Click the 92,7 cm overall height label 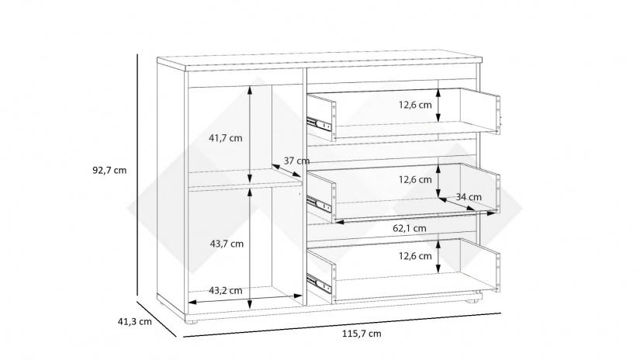(109, 170)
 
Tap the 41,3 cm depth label (135, 322)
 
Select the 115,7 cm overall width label (362, 334)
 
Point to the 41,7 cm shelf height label (225, 138)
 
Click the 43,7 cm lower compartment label (227, 244)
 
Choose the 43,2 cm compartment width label (225, 291)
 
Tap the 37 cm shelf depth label (297, 161)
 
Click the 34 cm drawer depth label (469, 197)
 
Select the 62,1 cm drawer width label (410, 228)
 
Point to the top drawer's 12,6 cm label (415, 105)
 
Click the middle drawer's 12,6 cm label (415, 179)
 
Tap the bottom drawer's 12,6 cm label (415, 256)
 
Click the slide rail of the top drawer (318, 124)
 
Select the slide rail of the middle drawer (318, 203)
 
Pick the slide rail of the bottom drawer (318, 283)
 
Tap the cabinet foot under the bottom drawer (472, 301)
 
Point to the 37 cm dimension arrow (286, 171)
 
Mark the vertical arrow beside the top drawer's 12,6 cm (438, 106)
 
